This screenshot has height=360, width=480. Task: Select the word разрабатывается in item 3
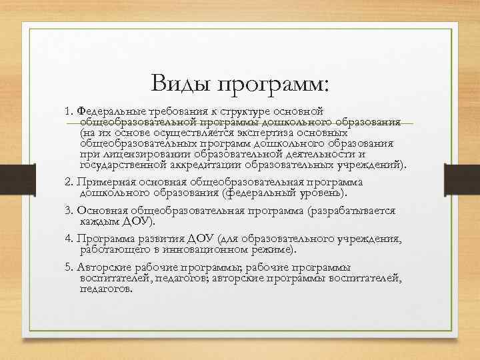[353, 210]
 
